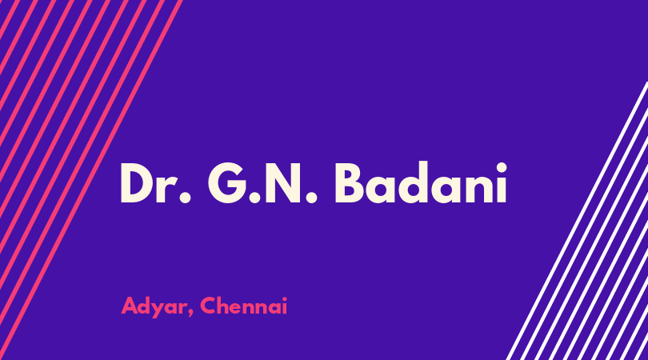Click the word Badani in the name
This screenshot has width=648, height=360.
(420, 182)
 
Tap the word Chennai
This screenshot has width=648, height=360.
(243, 306)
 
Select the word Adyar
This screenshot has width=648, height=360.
(154, 307)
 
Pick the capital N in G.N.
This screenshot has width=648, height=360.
(282, 183)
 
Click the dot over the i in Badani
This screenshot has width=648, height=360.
(502, 167)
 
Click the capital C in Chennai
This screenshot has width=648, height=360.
(209, 306)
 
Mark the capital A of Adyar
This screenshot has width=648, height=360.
(130, 306)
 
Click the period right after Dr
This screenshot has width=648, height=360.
(185, 198)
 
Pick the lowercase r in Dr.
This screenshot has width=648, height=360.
(167, 189)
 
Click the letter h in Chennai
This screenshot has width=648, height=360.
(226, 306)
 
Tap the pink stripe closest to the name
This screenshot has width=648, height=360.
(91, 180)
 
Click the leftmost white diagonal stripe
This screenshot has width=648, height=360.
(577, 221)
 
